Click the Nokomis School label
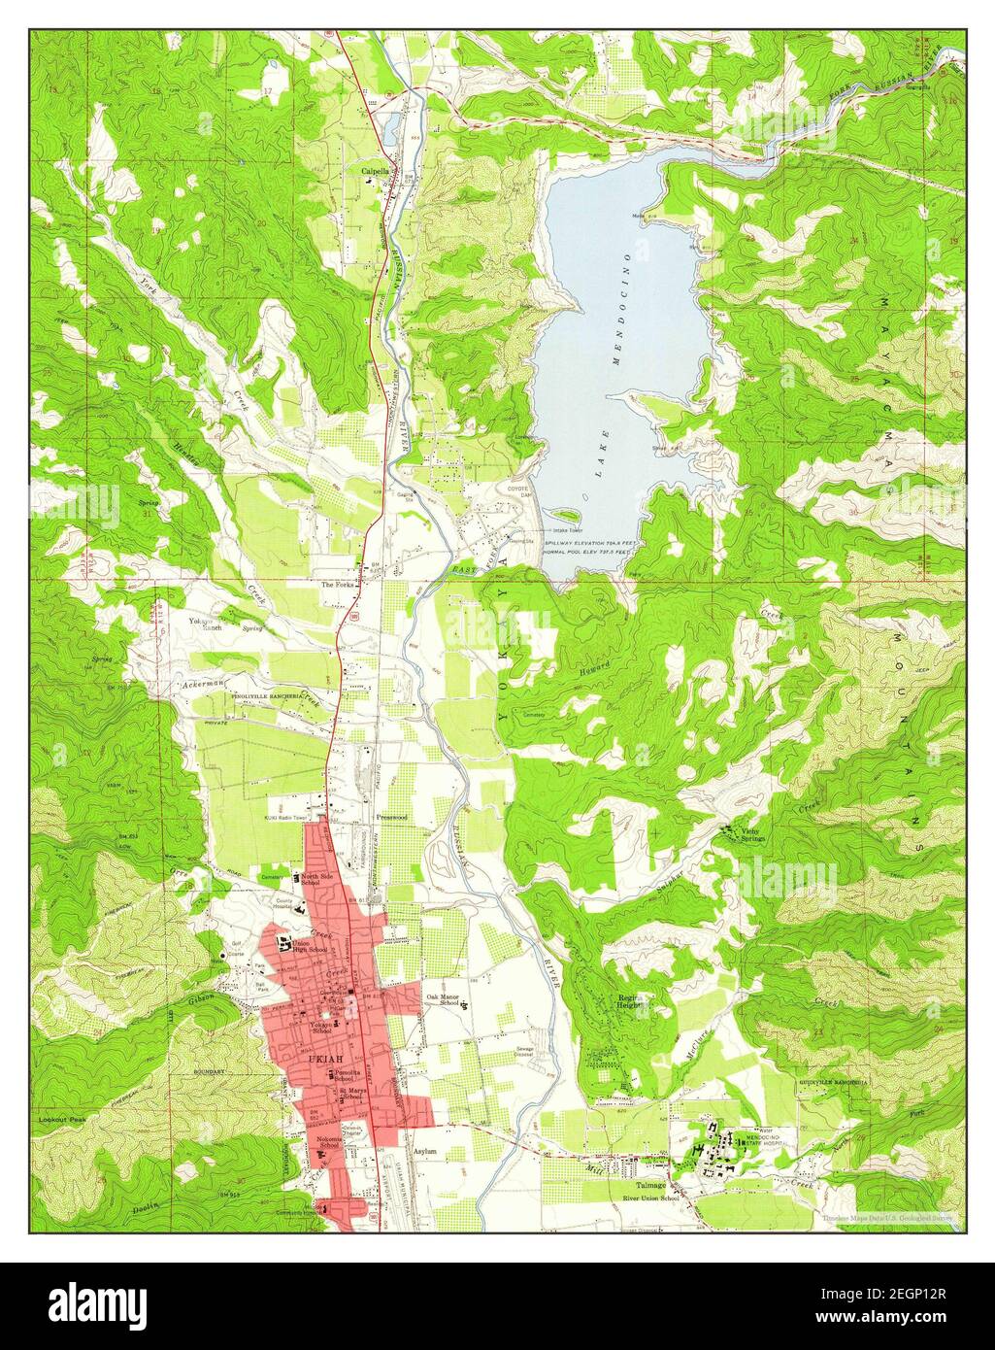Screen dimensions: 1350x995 tap(329, 1147)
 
